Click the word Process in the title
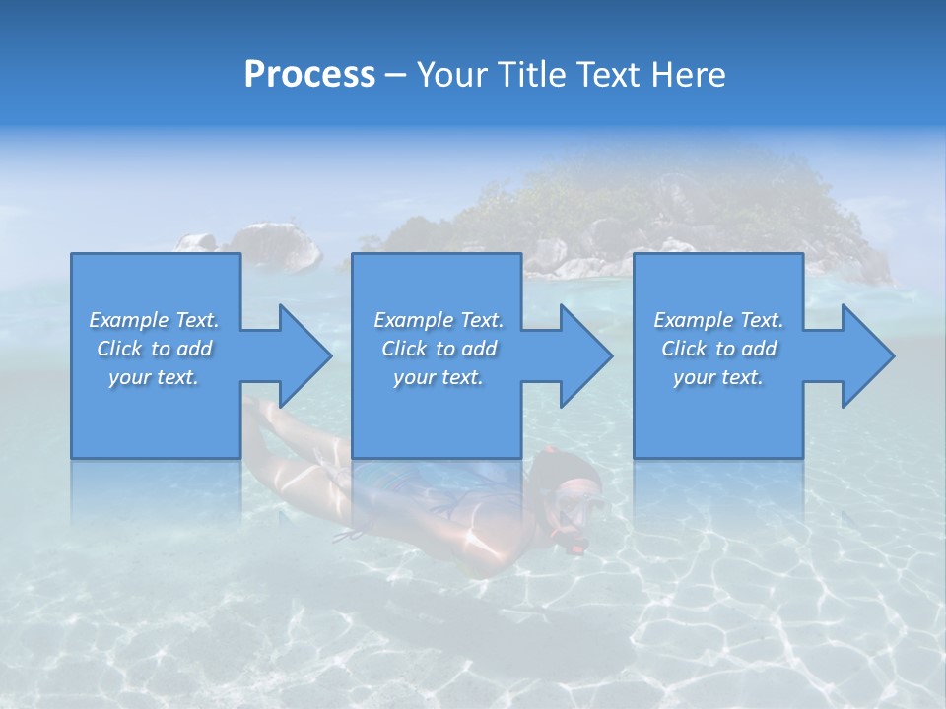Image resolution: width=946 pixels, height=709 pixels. point(309,75)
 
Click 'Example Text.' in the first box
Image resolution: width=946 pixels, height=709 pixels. point(154,320)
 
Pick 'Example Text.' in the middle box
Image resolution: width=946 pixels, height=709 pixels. point(439,320)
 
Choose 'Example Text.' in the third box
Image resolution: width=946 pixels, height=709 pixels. point(718,320)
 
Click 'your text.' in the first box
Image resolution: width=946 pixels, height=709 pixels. point(154,377)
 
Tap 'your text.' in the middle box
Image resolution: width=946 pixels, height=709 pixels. point(439,377)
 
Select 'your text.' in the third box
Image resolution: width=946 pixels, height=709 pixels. point(718,377)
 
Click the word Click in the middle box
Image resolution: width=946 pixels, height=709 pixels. point(404,349)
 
